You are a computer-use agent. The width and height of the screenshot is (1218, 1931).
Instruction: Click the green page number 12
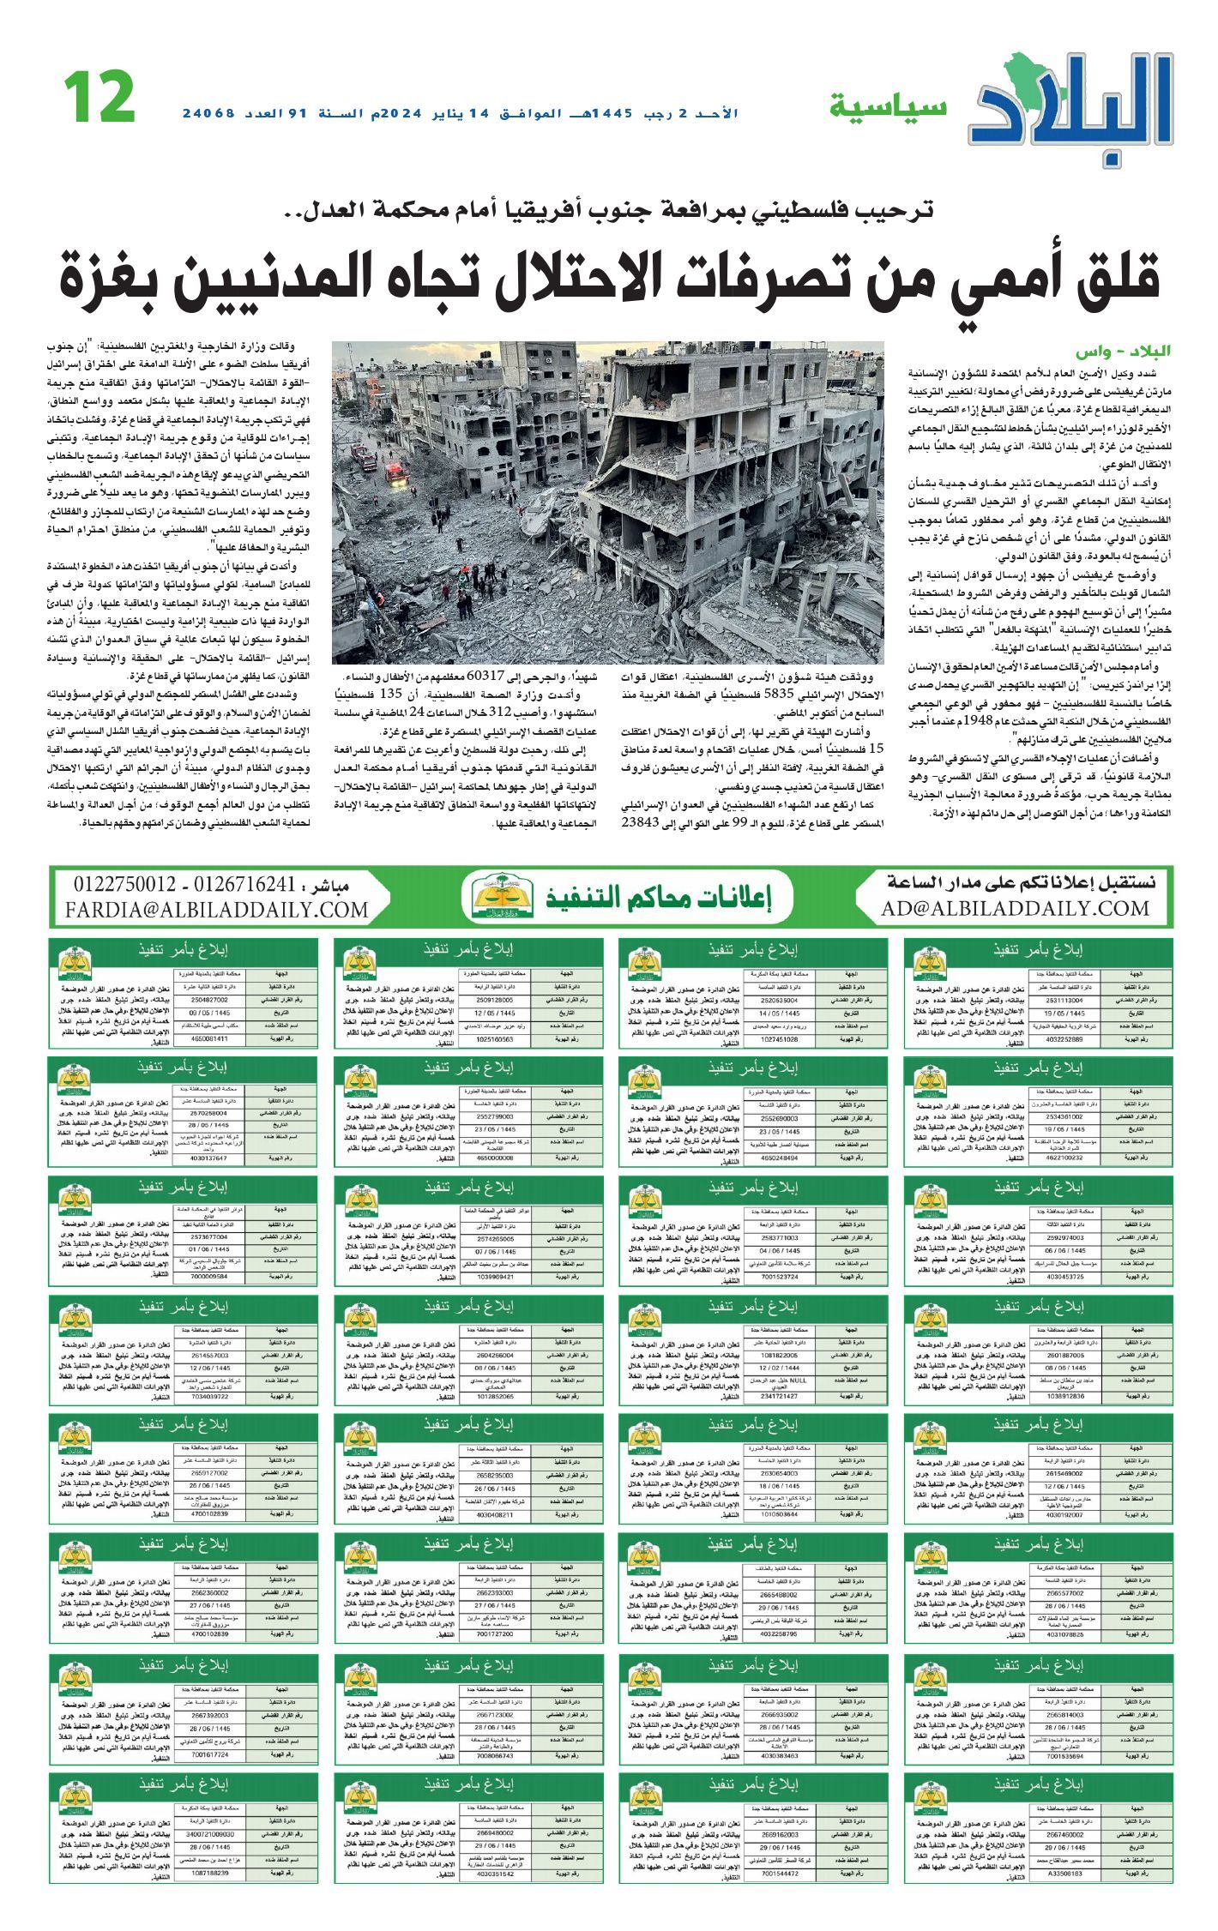pos(99,97)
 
